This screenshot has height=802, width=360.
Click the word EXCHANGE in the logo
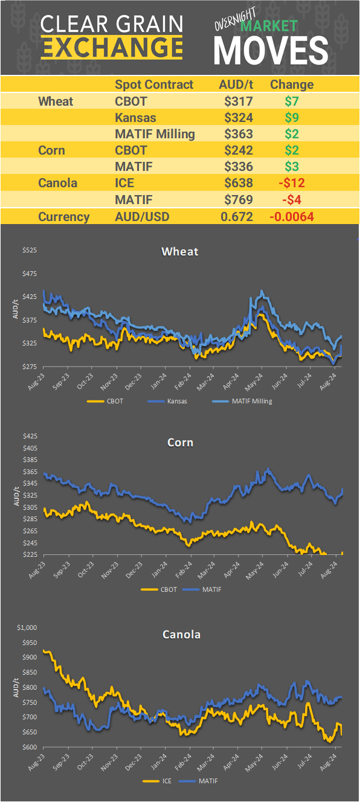[x=112, y=46]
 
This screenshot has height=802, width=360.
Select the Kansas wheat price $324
[x=238, y=117]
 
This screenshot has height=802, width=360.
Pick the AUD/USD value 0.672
[x=238, y=217]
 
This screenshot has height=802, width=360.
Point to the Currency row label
[x=64, y=217]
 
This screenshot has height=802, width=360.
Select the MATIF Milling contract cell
[x=155, y=134]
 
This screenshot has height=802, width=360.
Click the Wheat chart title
[x=179, y=251]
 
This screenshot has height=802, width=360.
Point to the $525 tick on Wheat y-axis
[x=30, y=250]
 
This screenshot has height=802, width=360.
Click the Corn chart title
[x=180, y=443]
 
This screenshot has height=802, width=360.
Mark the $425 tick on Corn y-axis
[x=30, y=436]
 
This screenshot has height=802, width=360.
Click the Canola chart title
[x=181, y=634]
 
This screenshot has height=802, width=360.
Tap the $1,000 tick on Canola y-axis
[x=28, y=627]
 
